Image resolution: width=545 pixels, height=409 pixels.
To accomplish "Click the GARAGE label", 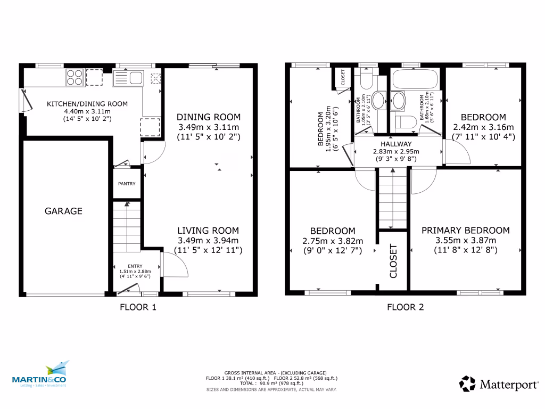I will (x=63, y=211).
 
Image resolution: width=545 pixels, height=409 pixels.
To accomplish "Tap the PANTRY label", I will (x=127, y=184).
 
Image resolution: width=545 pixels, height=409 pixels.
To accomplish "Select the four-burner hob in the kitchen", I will (x=74, y=78).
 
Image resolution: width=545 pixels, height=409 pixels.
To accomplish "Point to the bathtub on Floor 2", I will (x=414, y=79).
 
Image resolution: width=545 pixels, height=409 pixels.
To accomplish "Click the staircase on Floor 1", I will (x=127, y=226).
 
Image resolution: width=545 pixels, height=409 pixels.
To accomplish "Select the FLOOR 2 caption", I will (x=405, y=307).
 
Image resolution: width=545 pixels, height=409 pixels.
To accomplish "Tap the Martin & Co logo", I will (x=41, y=375).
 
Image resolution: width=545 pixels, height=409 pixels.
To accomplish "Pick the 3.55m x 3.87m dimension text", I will (x=465, y=240).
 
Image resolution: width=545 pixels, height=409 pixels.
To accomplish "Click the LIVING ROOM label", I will (x=208, y=231).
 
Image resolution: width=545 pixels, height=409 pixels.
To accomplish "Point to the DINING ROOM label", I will (x=209, y=117).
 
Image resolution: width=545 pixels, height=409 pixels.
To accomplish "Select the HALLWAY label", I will (x=396, y=144).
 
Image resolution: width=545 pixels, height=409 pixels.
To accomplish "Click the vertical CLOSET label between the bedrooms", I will (x=394, y=261).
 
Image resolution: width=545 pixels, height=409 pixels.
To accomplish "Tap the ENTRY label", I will (x=135, y=266).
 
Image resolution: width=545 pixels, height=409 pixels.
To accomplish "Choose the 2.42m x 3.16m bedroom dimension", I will (x=483, y=127).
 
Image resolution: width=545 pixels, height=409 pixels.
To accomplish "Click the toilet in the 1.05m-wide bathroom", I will (x=366, y=80).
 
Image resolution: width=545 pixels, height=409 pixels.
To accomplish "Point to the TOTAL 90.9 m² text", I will (x=272, y=383).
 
